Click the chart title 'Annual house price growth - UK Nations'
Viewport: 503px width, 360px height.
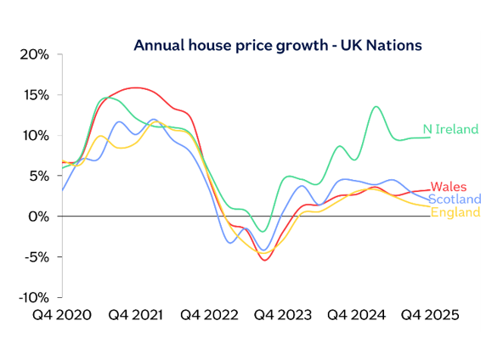pyautogui.click(x=277, y=45)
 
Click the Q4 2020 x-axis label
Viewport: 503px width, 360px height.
pyautogui.click(x=62, y=314)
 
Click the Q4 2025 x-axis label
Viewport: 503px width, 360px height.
pyautogui.click(x=430, y=314)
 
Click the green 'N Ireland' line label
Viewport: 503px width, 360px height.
pyautogui.click(x=450, y=130)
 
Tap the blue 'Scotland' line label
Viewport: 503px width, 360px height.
pyautogui.click(x=455, y=200)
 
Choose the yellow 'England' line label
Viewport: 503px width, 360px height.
pyautogui.click(x=455, y=212)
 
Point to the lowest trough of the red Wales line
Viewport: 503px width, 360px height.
pyautogui.click(x=266, y=260)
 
